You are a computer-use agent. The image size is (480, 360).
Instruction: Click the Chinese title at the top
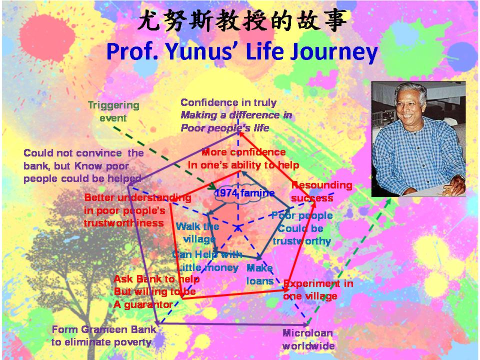242,20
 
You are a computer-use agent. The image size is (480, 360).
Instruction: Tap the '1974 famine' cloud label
244,193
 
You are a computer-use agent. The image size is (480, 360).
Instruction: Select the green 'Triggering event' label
113,111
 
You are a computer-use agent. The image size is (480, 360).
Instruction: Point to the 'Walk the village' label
198,232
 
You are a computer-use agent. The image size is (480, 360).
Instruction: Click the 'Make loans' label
260,274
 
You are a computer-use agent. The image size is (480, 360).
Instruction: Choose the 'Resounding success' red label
321,191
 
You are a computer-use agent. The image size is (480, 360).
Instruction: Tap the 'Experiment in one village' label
318,289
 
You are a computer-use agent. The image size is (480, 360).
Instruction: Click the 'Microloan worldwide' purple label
308,339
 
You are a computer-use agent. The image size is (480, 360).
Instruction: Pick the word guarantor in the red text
148,304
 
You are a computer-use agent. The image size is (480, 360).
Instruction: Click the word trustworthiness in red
124,223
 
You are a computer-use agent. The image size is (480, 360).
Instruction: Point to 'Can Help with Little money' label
207,261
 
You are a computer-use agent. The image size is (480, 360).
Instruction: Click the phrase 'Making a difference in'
236,115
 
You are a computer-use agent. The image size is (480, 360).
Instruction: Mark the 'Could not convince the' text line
83,153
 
